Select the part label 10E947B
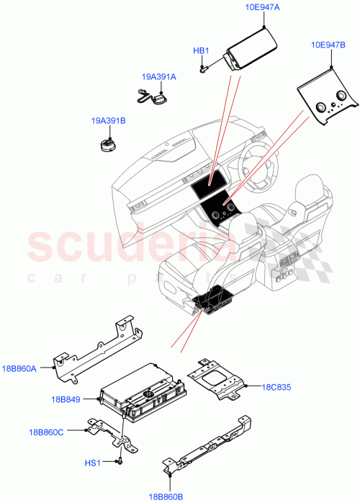tap(328, 44)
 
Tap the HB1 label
tap(200, 51)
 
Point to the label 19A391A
tap(158, 76)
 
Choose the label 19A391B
tap(108, 120)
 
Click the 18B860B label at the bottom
tap(167, 497)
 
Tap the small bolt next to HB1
tap(205, 68)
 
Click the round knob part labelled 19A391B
tap(108, 144)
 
